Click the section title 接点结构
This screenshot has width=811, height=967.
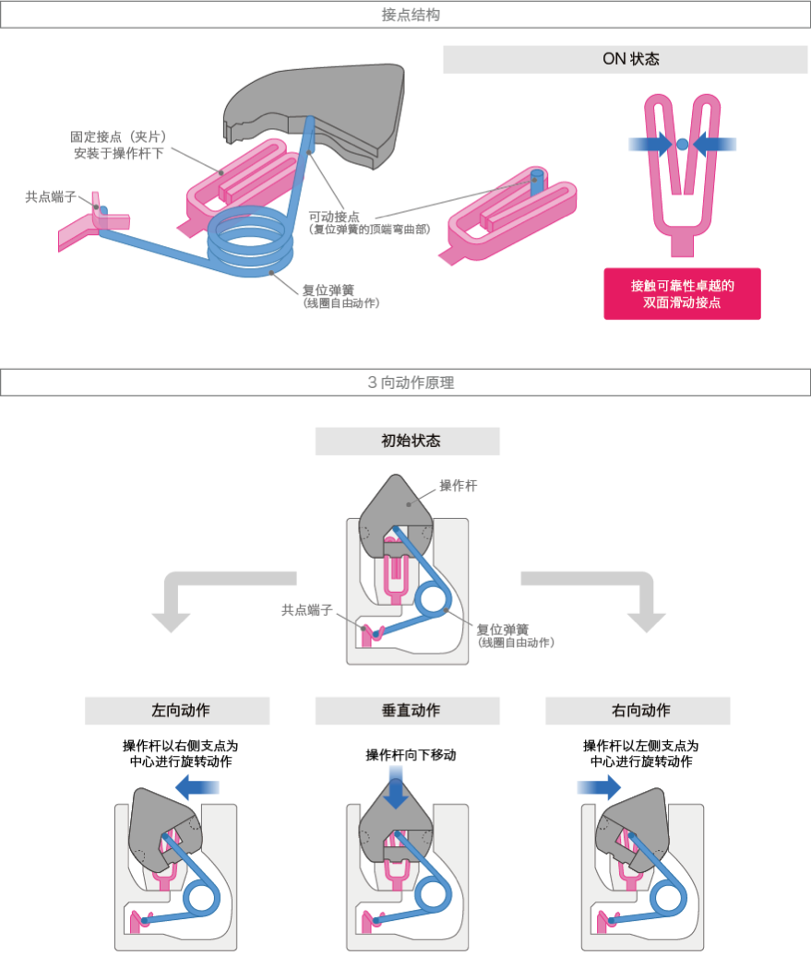[405, 15]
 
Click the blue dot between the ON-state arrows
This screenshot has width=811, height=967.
[682, 144]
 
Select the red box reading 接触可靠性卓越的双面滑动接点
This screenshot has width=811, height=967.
[682, 293]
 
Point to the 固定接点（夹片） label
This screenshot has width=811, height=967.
[119, 136]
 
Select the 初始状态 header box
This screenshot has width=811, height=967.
[407, 441]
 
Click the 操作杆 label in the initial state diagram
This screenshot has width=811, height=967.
[458, 486]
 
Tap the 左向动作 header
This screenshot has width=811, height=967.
[177, 711]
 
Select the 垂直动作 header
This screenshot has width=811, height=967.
[407, 711]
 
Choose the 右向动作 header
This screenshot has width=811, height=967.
[638, 711]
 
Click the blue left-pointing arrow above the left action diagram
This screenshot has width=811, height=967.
[196, 786]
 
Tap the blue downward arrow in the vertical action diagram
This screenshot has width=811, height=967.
[396, 792]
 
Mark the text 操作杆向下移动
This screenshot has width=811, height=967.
[411, 755]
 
